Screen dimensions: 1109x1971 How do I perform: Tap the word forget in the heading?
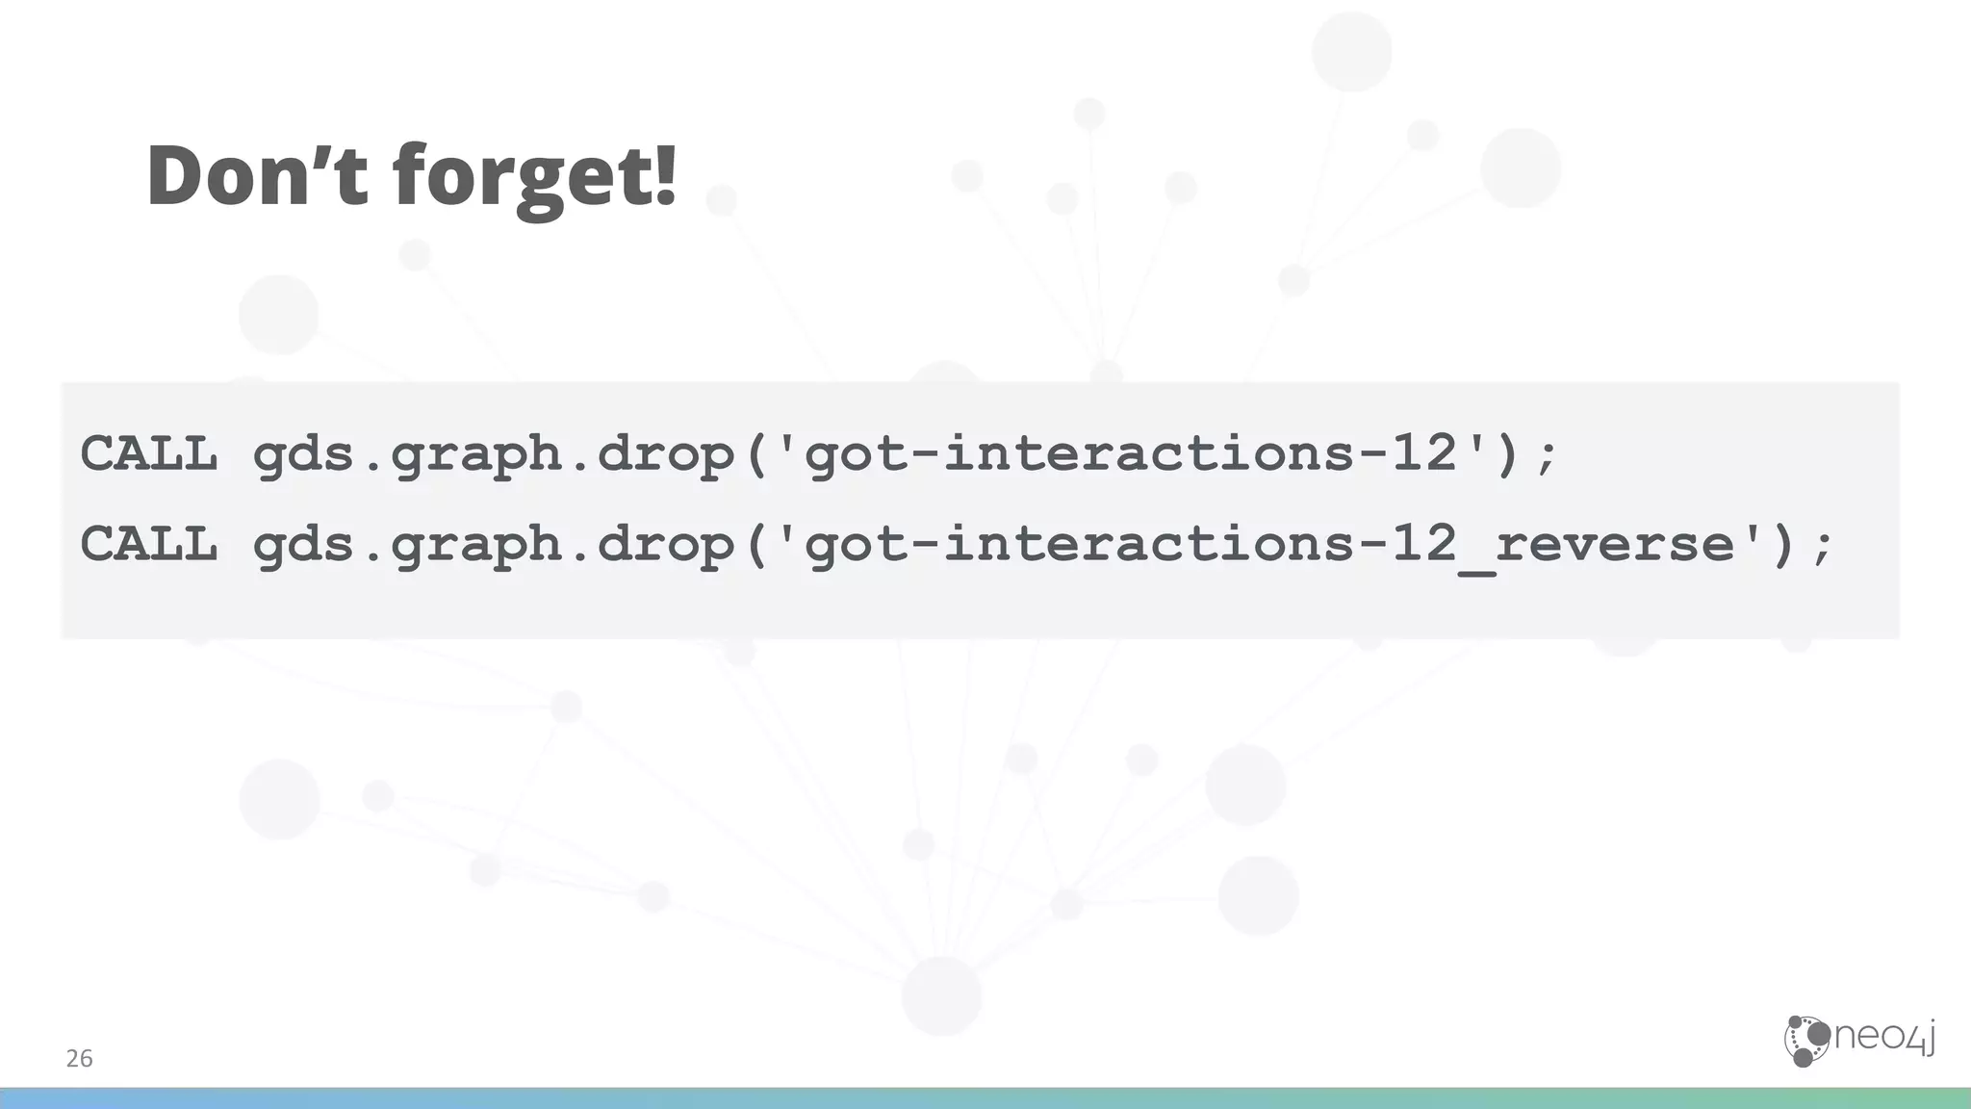point(521,179)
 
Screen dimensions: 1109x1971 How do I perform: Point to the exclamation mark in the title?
point(665,173)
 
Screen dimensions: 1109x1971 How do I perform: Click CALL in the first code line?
point(149,453)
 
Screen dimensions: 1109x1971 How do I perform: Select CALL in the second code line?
point(149,544)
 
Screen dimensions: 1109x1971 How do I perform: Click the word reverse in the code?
point(1614,544)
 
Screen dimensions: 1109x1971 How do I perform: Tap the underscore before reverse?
point(1475,568)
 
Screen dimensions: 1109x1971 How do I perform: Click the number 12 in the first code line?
point(1423,453)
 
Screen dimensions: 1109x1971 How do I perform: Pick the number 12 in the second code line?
point(1423,544)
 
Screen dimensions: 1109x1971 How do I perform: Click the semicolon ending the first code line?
point(1546,457)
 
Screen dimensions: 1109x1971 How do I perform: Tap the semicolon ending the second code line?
point(1822,548)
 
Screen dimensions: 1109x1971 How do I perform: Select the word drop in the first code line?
point(666,453)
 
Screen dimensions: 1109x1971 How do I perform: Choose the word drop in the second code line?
point(666,544)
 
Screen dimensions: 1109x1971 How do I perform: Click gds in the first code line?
point(304,453)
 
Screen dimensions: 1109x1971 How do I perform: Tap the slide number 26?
point(79,1059)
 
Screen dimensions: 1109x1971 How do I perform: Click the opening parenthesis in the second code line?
point(755,544)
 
